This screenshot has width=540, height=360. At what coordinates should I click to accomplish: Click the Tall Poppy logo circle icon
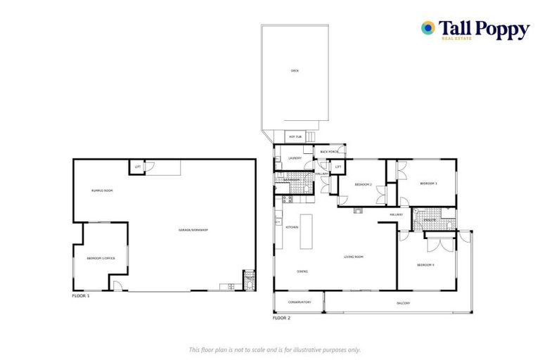427,27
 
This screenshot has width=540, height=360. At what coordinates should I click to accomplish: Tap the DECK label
295,71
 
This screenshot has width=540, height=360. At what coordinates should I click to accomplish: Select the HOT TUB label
295,136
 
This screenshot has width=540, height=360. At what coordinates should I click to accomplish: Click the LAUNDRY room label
295,158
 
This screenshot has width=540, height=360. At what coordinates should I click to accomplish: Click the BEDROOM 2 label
363,184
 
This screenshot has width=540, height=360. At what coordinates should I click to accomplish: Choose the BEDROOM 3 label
429,184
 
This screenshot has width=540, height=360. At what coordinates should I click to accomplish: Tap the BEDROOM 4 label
425,265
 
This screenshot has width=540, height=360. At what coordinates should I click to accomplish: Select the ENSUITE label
430,221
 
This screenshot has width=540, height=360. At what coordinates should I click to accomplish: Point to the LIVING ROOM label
354,257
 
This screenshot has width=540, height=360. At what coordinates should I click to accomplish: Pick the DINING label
302,271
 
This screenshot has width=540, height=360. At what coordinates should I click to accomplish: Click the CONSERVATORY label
299,302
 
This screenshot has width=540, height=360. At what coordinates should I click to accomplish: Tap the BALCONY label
402,303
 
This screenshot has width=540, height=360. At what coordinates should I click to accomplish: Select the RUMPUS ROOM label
102,191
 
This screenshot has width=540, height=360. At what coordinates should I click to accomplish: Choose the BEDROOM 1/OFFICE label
101,259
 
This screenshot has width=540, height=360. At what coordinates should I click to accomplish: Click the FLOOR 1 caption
81,296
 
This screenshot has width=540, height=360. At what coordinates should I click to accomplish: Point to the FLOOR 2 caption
281,318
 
